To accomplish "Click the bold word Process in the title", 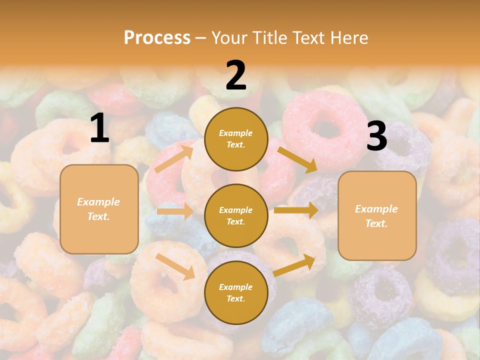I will click(x=157, y=37).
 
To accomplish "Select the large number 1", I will click(x=99, y=129).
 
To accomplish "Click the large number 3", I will click(x=376, y=136).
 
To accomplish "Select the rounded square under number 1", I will click(x=99, y=209).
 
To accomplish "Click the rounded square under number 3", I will click(x=377, y=216).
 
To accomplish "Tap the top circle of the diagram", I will click(x=236, y=139).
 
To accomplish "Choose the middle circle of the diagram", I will click(x=236, y=216).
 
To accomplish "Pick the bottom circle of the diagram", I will click(x=236, y=293).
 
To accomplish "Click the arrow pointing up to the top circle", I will click(x=174, y=159).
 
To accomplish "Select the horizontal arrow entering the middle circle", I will click(x=175, y=211).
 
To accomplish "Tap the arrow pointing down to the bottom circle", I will click(x=175, y=266).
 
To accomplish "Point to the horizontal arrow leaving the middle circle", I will click(x=296, y=210).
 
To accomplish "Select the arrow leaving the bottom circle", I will click(x=294, y=265).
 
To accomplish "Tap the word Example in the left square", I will click(x=98, y=202).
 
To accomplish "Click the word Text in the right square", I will click(x=376, y=223).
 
